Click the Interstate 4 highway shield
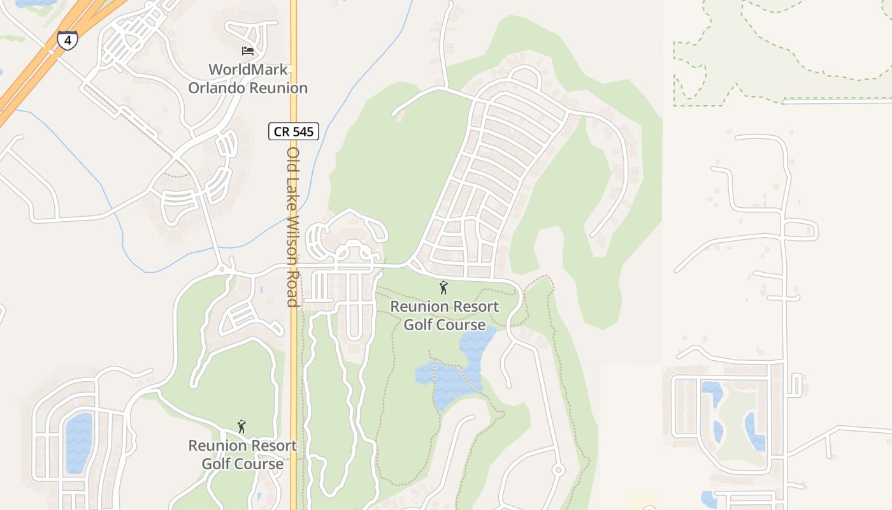click(67, 40)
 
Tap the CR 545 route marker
click(293, 131)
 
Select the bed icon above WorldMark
click(248, 51)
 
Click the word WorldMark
click(248, 69)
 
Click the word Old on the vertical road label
click(293, 158)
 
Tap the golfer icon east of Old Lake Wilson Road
click(443, 288)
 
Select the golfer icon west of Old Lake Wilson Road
click(241, 426)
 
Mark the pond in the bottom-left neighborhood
click(78, 442)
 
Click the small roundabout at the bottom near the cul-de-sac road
click(558, 470)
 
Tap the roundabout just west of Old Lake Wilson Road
click(222, 270)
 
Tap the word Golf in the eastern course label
click(420, 324)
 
